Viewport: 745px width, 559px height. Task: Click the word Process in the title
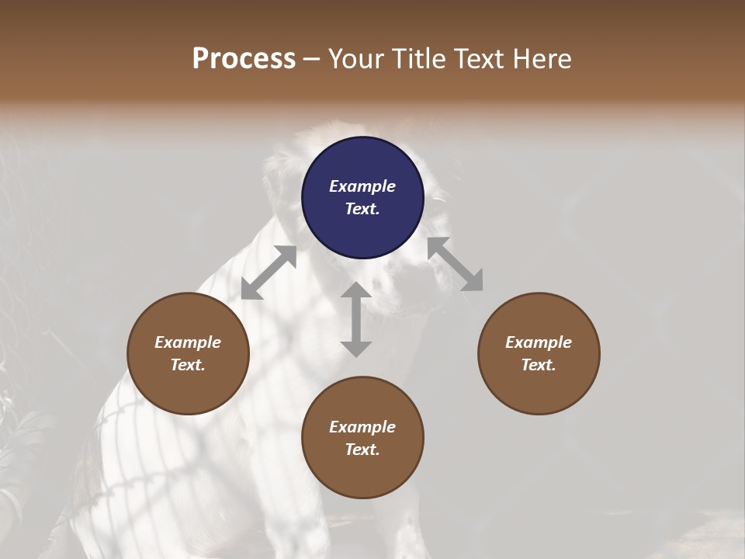pos(244,59)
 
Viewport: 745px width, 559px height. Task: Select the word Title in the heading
pos(421,59)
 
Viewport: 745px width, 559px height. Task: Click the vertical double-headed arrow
pos(356,319)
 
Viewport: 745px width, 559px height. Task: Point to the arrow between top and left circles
pos(269,273)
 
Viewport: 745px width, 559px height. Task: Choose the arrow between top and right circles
pos(455,265)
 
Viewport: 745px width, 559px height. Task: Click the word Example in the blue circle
pos(362,186)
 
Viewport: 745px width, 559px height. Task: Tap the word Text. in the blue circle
pos(362,209)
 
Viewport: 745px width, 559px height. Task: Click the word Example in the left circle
pos(188,342)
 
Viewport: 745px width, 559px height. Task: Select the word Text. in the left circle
pos(188,365)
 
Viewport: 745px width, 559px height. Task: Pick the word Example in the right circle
pos(539,342)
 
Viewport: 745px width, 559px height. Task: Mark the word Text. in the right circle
pos(539,365)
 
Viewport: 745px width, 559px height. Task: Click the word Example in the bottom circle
pos(362,427)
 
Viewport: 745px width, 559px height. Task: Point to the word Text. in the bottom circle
pos(362,450)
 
